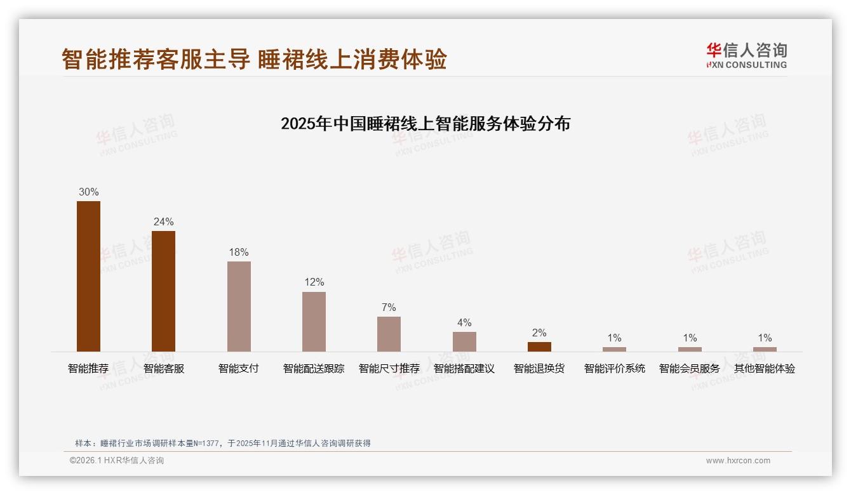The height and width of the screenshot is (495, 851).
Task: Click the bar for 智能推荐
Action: (88, 276)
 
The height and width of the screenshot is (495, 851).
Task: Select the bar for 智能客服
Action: (163, 291)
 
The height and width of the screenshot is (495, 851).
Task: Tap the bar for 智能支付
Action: (239, 306)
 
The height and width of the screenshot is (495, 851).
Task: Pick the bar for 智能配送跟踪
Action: (314, 321)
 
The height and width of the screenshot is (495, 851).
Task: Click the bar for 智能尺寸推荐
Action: (389, 334)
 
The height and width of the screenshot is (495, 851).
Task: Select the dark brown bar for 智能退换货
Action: (539, 346)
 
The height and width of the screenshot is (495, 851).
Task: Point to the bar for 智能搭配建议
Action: (464, 341)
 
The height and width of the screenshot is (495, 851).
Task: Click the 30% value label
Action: (88, 192)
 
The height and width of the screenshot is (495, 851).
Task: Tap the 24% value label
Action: (163, 221)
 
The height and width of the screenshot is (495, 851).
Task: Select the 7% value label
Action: (389, 307)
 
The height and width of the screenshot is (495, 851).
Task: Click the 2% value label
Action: (539, 333)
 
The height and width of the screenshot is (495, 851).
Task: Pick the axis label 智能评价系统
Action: (614, 368)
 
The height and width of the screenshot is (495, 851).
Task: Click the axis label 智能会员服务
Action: (689, 368)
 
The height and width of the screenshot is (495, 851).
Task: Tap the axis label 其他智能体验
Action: (765, 368)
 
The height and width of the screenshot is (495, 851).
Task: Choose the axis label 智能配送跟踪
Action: (314, 368)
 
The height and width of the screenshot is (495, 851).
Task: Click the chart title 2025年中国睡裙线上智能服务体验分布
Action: (425, 123)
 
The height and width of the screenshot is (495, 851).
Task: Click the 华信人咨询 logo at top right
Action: (746, 55)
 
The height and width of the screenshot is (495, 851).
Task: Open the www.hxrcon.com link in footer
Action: (738, 461)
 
